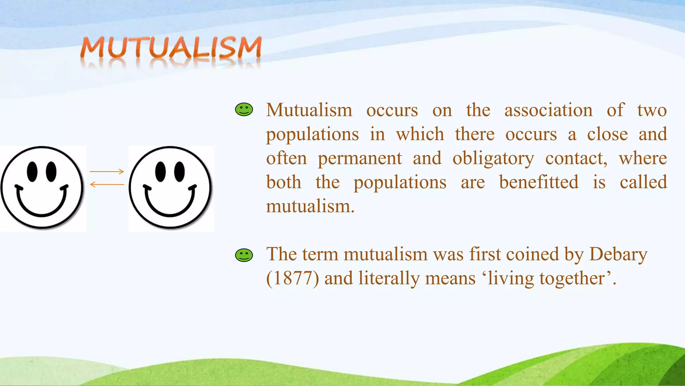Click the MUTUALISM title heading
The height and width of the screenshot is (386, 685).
(x=171, y=49)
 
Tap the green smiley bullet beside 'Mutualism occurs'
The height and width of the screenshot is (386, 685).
(x=244, y=110)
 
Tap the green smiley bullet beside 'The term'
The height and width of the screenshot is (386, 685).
(x=244, y=255)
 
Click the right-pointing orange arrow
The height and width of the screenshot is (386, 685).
(x=107, y=172)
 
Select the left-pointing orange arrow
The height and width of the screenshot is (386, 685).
(x=107, y=184)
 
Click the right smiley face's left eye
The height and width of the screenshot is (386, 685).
(x=161, y=172)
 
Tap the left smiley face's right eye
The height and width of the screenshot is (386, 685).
(x=51, y=172)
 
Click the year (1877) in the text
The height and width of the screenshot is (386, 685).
(x=292, y=278)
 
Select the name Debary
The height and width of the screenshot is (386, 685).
(x=618, y=254)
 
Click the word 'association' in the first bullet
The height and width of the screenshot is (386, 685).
(x=548, y=110)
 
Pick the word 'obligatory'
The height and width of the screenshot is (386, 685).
(x=493, y=158)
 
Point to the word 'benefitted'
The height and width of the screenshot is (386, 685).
(x=539, y=182)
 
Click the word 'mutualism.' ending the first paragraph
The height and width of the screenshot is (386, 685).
(x=310, y=206)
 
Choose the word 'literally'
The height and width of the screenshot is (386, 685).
(x=389, y=278)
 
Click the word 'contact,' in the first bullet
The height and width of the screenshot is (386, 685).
(x=576, y=158)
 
